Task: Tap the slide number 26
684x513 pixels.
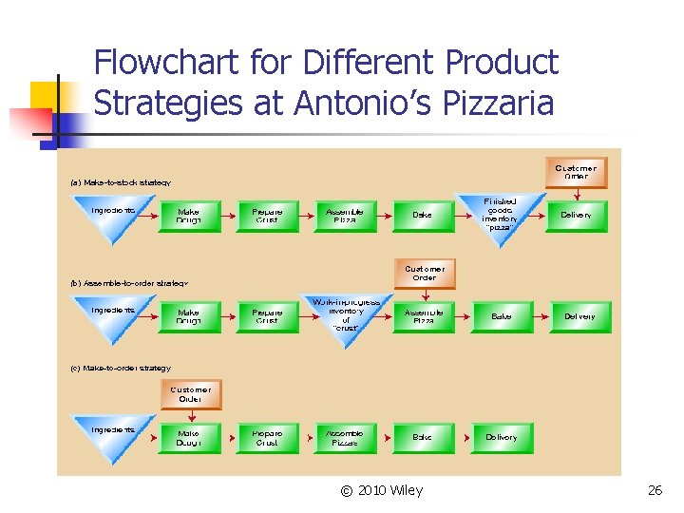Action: coord(655,490)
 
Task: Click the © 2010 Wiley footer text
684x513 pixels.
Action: coord(381,490)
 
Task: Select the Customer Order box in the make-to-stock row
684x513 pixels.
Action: coord(576,172)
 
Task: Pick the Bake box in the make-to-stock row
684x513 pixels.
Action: coord(423,216)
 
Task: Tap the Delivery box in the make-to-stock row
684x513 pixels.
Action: coord(576,216)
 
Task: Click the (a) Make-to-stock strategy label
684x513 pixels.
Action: coord(121,182)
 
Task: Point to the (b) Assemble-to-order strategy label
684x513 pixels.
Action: coord(129,282)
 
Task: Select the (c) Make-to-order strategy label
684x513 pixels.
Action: coord(121,368)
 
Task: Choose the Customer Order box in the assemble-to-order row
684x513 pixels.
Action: coord(425,274)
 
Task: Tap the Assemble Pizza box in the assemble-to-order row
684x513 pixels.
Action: coord(424,317)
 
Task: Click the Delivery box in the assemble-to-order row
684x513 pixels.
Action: coord(579,316)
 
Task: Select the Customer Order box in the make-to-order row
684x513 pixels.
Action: coord(191,394)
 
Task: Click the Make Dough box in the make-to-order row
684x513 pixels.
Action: coord(189,438)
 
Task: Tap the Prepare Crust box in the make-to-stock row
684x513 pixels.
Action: coord(267,216)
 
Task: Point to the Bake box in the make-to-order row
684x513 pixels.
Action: coord(423,438)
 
